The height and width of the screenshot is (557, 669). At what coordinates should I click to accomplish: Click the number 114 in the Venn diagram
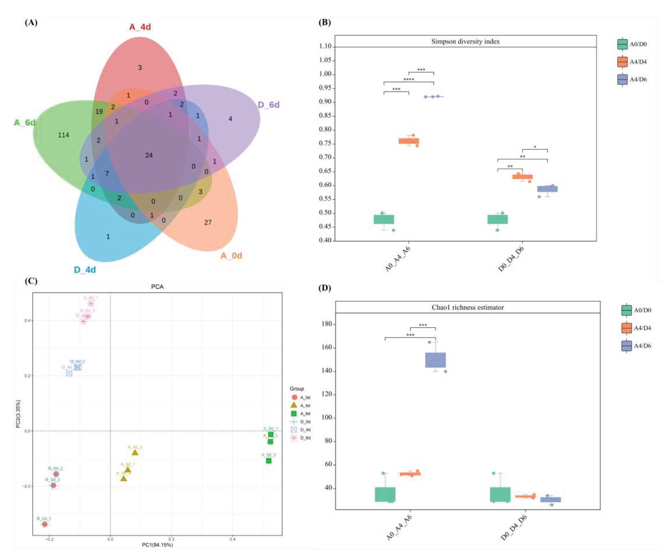(x=63, y=135)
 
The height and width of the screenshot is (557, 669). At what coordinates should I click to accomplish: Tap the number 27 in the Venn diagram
(x=208, y=223)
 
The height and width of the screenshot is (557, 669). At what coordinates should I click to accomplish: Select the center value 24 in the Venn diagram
(x=149, y=155)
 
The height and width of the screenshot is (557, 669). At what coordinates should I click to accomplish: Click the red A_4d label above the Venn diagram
(x=140, y=27)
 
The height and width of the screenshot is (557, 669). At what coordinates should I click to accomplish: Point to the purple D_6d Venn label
(x=268, y=105)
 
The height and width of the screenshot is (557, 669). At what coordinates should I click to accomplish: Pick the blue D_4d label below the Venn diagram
(x=85, y=270)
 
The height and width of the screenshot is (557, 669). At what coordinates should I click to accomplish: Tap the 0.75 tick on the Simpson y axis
(x=325, y=144)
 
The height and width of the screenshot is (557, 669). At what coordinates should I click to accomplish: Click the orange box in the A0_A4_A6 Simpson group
(x=409, y=141)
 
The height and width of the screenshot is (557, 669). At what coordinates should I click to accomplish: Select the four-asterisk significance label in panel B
(x=409, y=79)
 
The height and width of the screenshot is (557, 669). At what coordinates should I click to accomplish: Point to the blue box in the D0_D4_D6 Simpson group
(x=547, y=189)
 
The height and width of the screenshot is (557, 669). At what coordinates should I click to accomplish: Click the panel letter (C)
(x=31, y=281)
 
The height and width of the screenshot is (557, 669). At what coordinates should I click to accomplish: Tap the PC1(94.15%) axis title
(x=157, y=545)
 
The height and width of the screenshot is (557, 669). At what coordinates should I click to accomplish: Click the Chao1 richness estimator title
(x=468, y=307)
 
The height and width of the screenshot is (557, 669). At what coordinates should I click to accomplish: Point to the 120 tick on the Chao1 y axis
(x=327, y=394)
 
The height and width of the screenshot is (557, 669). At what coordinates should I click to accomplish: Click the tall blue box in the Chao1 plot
(x=435, y=360)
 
